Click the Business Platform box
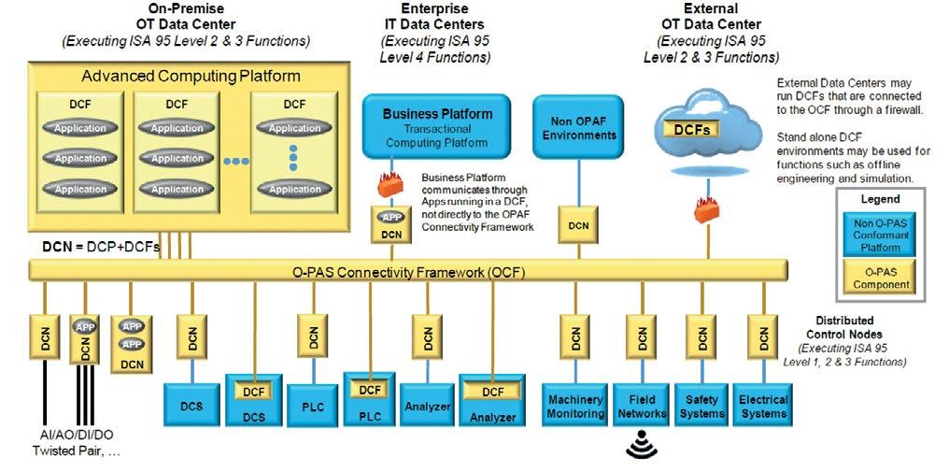click(x=437, y=127)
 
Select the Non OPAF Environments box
click(x=577, y=127)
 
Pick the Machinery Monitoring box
click(x=574, y=406)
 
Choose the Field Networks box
click(x=641, y=406)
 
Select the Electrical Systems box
click(x=763, y=406)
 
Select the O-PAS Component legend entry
click(x=878, y=279)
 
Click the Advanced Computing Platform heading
click(x=191, y=76)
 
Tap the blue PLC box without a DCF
click(x=312, y=406)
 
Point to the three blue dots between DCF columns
click(x=236, y=161)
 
